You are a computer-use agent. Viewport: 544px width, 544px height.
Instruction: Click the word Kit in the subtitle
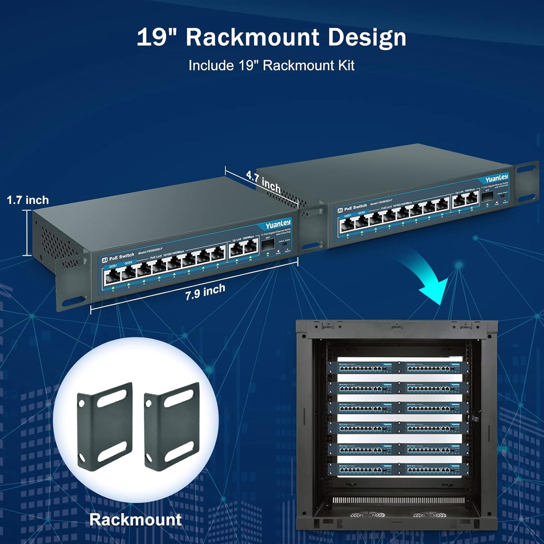(346, 66)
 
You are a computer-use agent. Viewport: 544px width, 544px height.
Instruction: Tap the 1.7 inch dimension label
(28, 200)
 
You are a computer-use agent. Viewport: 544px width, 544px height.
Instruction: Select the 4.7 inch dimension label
(263, 181)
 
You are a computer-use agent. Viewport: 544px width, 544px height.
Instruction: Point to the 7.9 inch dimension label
(205, 292)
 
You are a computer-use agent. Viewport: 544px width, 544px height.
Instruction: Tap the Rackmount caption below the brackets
(135, 520)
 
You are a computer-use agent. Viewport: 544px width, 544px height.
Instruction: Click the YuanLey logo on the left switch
(278, 225)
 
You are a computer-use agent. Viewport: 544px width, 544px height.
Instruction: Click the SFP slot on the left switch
(268, 246)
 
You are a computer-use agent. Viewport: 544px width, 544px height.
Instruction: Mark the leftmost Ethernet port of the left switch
(113, 277)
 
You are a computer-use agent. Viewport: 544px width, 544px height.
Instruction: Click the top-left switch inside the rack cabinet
(365, 368)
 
